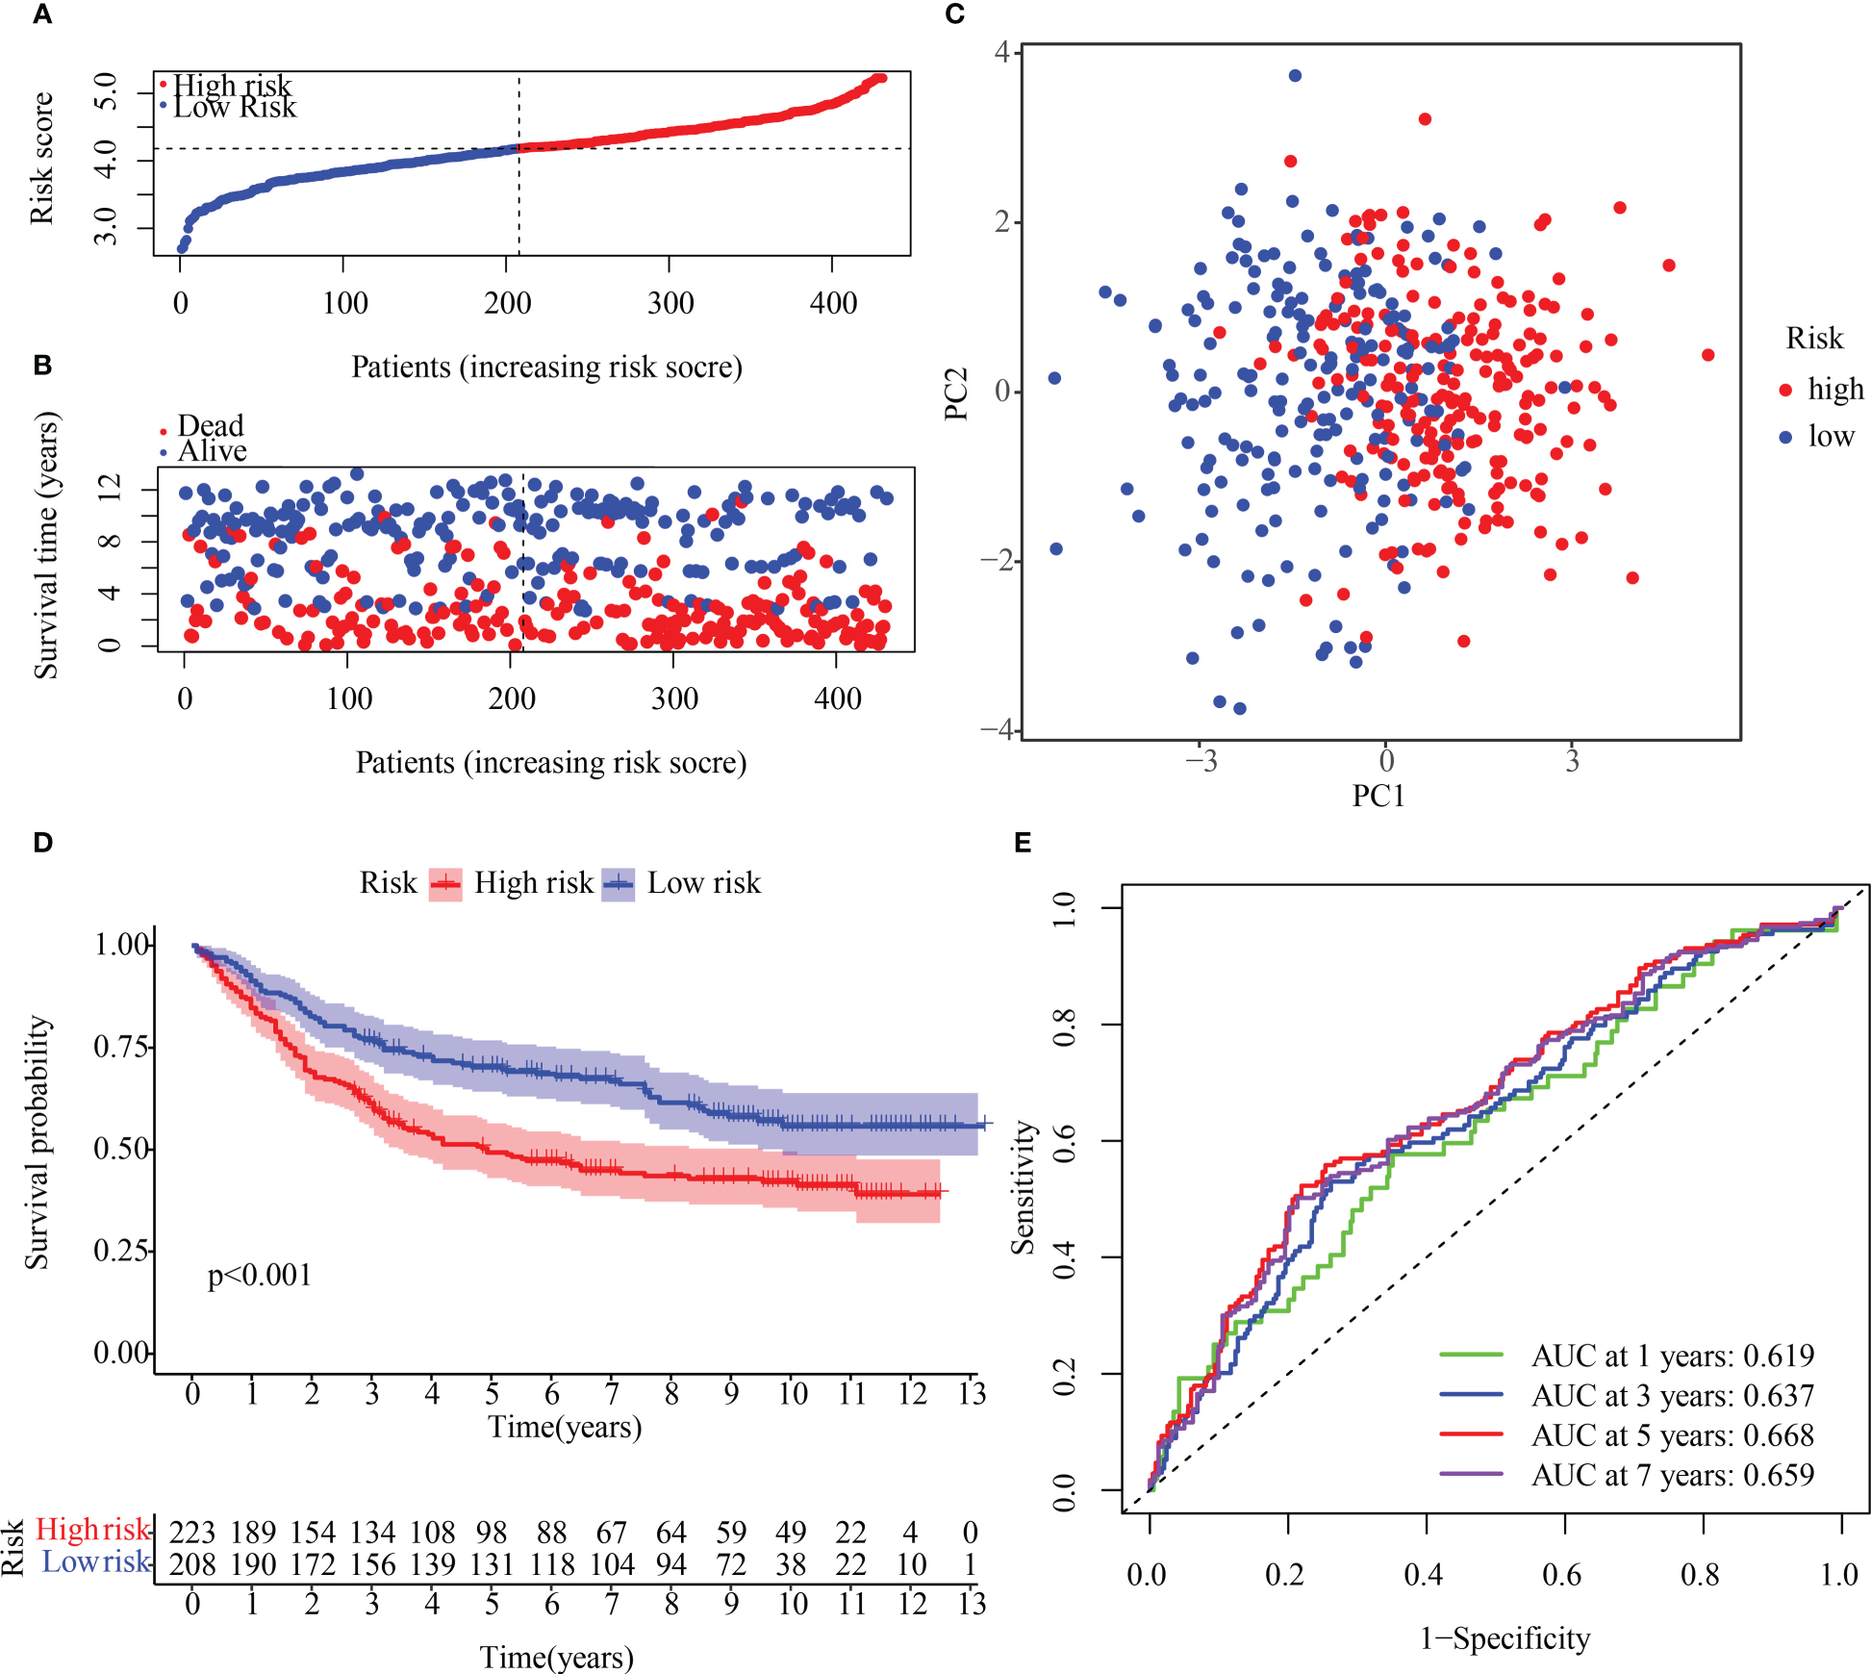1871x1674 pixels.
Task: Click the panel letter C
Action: (954, 14)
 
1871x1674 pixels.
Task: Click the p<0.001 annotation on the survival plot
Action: (260, 1276)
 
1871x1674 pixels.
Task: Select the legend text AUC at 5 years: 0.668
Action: (1672, 1435)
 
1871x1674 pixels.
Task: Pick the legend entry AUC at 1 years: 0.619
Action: (1672, 1356)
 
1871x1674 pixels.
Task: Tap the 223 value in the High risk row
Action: (191, 1532)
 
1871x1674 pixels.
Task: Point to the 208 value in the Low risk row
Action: (191, 1564)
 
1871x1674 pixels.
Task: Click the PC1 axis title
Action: (1378, 797)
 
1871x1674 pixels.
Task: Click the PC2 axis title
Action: (955, 393)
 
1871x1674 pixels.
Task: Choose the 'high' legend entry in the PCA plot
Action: (1834, 389)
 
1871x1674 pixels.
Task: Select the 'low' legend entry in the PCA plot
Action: (1831, 436)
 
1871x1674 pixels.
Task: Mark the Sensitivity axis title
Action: (1023, 1187)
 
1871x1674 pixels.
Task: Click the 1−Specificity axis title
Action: (1504, 1638)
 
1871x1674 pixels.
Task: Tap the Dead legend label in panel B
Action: (210, 425)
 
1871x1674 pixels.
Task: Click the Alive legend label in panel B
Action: (212, 451)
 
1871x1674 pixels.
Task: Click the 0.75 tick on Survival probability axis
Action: (121, 1046)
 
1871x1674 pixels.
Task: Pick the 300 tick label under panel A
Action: (670, 303)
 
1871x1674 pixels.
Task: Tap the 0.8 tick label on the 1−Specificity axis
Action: (1701, 1575)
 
